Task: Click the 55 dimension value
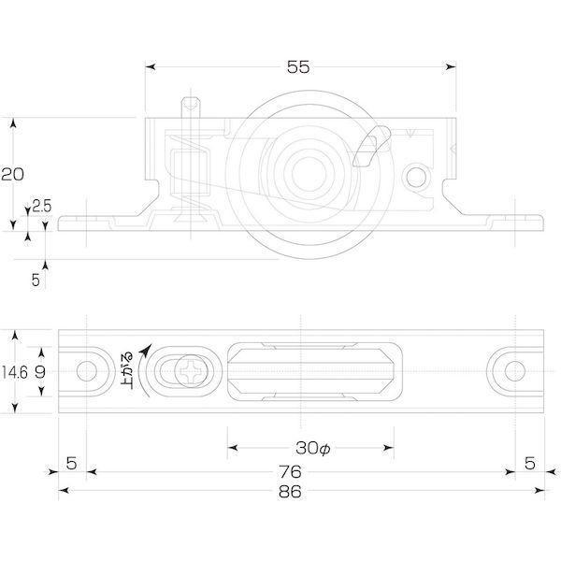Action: coord(298,67)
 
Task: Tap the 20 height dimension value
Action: coord(12,174)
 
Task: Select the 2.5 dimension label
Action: coord(42,206)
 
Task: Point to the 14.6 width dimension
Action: coord(14,373)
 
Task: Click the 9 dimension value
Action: coord(40,372)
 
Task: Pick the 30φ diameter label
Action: coord(312,448)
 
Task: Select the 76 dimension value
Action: coord(290,472)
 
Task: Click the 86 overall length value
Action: coord(290,492)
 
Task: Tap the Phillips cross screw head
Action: coord(192,371)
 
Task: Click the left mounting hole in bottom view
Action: coord(87,371)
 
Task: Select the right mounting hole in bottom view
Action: coord(515,371)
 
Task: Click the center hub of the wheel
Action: coord(309,174)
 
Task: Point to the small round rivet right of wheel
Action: coord(416,177)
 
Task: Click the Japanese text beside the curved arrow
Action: coord(127,371)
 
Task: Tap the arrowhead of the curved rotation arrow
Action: coord(147,350)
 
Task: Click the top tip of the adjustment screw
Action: coord(191,97)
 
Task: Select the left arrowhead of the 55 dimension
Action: coord(150,67)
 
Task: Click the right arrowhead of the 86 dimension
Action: coord(539,490)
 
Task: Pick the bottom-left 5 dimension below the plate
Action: coord(72,464)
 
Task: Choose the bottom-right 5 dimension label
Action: coord(530,464)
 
